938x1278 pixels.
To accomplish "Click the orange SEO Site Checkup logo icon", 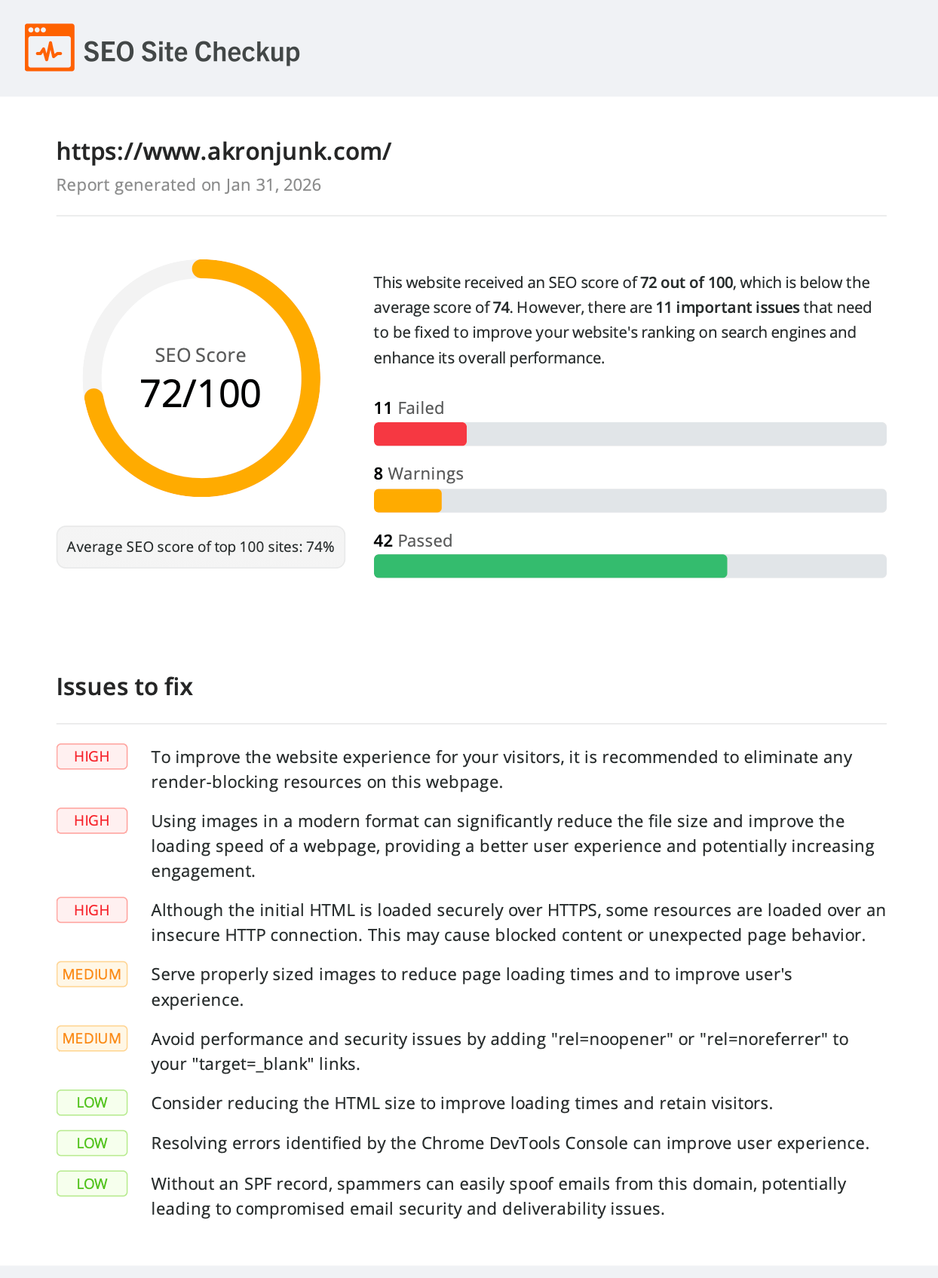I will tap(50, 48).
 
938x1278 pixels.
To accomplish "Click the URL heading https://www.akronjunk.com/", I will tap(224, 152).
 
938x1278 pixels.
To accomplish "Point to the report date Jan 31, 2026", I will tap(273, 185).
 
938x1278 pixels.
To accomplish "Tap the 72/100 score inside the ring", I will tap(201, 394).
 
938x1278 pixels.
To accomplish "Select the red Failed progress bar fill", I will tap(420, 434).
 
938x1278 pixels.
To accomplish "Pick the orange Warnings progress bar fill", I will tap(407, 501).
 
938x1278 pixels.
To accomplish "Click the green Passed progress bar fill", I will tap(550, 566).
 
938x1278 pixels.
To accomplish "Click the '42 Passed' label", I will tap(412, 541).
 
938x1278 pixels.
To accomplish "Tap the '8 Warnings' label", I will tap(418, 474).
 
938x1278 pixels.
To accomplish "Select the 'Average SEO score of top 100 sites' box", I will tap(201, 547).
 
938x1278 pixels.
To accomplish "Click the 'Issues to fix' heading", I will tap(124, 687).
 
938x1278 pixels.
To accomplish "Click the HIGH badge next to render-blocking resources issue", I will tap(92, 757).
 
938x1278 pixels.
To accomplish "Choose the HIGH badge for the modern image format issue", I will tap(92, 821).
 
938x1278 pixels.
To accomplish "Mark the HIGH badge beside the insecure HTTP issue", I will tap(92, 910).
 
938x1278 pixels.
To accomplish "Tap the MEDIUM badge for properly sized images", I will tap(92, 974).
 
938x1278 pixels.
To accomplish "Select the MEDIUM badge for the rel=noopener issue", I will tap(92, 1038).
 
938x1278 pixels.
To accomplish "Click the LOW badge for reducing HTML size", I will tap(92, 1103).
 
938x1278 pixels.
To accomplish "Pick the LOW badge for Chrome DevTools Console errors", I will tap(92, 1143).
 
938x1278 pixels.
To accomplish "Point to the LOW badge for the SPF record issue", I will tap(92, 1184).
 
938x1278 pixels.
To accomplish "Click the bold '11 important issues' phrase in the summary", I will tap(727, 308).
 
